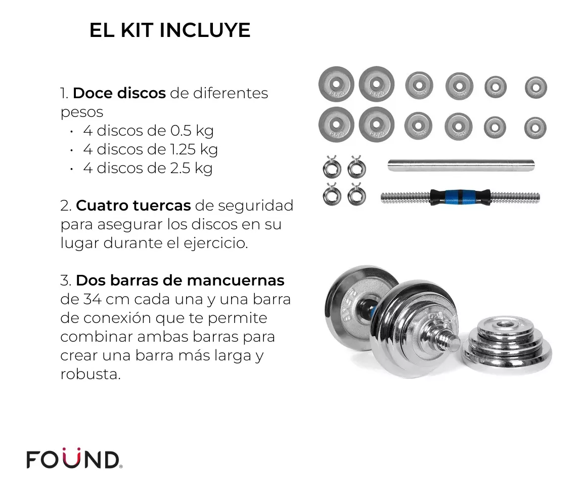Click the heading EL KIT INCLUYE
pos(170,30)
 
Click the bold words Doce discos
pos(119,93)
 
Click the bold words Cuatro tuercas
pos(133,206)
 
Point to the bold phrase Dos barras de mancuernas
pos(180,280)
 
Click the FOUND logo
pos(74,459)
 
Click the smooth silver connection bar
pos(461,165)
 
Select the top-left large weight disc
pos(336,84)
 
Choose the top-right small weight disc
pos(536,88)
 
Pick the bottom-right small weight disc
pos(535,128)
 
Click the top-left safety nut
pos(332,167)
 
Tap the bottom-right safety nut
pos(357,194)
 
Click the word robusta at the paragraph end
pos(91,374)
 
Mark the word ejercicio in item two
pos(215,243)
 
